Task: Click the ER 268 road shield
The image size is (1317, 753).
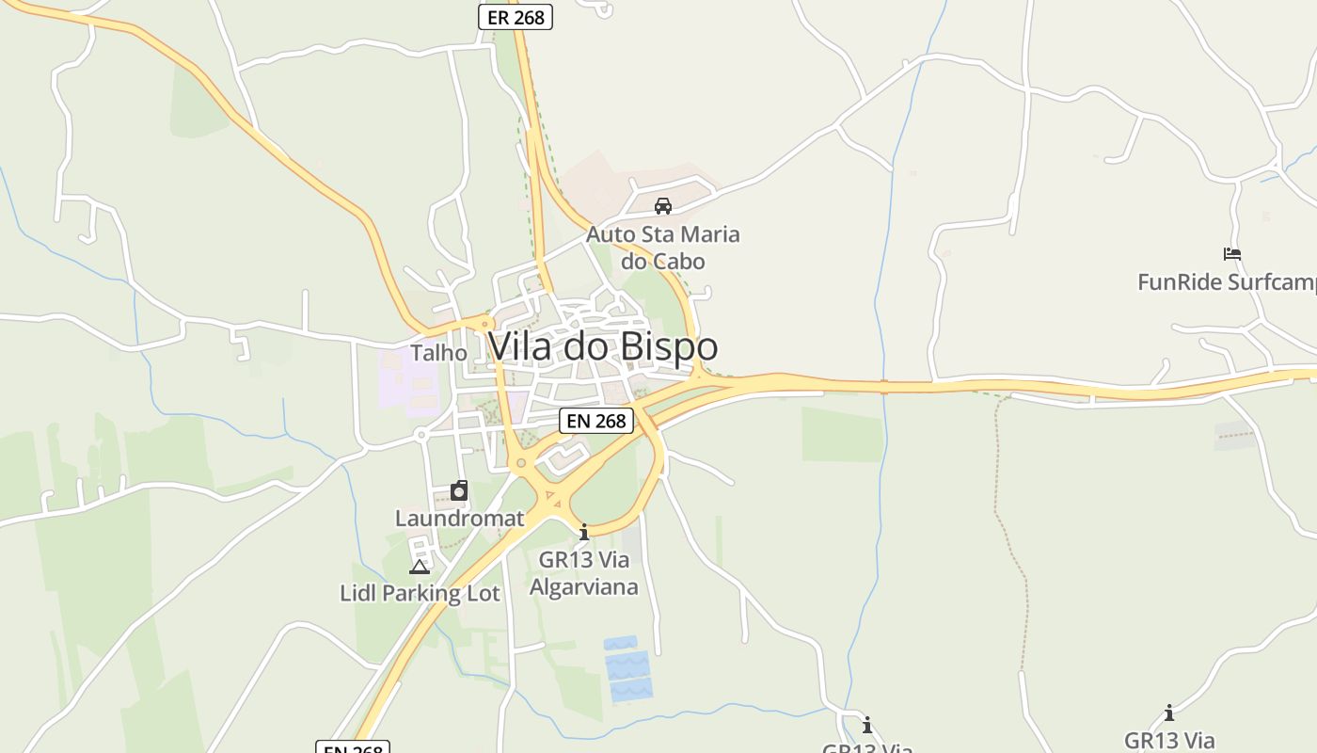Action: [516, 17]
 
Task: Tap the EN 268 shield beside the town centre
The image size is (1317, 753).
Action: [596, 421]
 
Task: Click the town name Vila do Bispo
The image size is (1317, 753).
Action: [603, 346]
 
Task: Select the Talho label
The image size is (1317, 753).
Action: [438, 353]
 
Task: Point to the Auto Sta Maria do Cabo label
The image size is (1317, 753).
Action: [663, 247]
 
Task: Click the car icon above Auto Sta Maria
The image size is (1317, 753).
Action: [663, 206]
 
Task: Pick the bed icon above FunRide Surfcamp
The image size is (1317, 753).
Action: [1232, 254]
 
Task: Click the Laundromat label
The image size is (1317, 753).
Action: [459, 519]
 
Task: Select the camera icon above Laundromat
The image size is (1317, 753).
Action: [459, 490]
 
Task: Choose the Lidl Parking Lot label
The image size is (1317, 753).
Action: [420, 594]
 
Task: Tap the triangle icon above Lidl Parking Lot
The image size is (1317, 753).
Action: [420, 567]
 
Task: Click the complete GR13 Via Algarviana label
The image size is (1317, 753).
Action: [583, 573]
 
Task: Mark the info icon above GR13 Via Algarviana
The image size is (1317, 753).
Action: [584, 533]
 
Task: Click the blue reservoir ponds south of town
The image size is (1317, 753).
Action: [627, 669]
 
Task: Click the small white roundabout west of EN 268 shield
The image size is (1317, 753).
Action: [420, 435]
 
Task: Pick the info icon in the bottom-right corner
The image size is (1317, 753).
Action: [1169, 713]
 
